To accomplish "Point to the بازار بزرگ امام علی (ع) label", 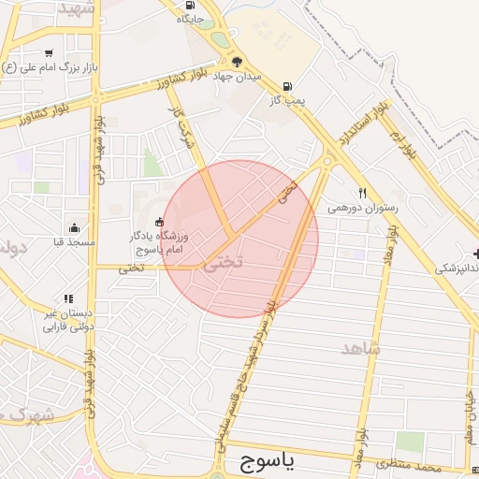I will point(48,68).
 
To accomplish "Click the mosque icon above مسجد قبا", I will point(74,227).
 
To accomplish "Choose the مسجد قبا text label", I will point(74,242).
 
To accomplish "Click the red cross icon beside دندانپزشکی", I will point(476,254).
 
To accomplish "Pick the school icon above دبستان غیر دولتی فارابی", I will point(68,298).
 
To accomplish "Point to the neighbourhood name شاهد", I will point(361,348).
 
